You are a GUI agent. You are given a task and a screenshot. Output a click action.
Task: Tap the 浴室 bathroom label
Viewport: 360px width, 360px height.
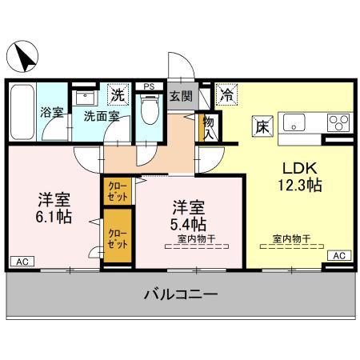[52, 113]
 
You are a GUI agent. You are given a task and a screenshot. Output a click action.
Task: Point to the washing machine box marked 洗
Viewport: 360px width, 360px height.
[118, 94]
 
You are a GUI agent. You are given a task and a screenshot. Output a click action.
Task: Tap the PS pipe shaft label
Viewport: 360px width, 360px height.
[148, 86]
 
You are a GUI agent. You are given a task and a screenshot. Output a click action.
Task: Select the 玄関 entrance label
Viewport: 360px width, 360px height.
[181, 97]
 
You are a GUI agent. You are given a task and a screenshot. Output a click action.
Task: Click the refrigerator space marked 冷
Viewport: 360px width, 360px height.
[226, 94]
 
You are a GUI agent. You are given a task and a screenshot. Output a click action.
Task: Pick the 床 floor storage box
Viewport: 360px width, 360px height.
[262, 124]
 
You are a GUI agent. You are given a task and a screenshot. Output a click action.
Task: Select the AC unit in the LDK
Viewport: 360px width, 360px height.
[339, 255]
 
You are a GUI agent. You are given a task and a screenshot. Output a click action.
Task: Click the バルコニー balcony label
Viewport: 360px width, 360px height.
[181, 294]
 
